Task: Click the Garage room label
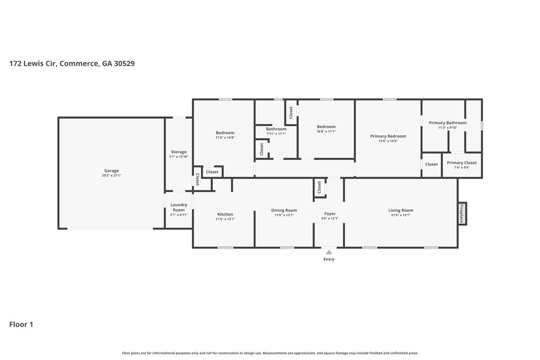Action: [111, 171]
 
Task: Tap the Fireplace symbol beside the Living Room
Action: [462, 214]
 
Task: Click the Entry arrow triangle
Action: [329, 252]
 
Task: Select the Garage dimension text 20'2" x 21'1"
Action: [111, 176]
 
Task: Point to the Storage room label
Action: [179, 152]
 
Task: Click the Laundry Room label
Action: [179, 207]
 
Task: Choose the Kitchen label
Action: [225, 214]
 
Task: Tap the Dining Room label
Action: [284, 210]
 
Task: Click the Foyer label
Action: [330, 214]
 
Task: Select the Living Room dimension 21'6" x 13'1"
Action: [401, 215]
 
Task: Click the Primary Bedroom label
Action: [388, 136]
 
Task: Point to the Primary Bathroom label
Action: [448, 123]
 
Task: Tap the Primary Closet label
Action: [462, 163]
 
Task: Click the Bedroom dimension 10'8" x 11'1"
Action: [326, 131]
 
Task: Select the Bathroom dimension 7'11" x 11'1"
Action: [276, 134]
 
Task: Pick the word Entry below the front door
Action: [329, 260]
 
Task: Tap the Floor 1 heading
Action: [21, 325]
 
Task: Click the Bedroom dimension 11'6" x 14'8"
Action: [225, 137]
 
